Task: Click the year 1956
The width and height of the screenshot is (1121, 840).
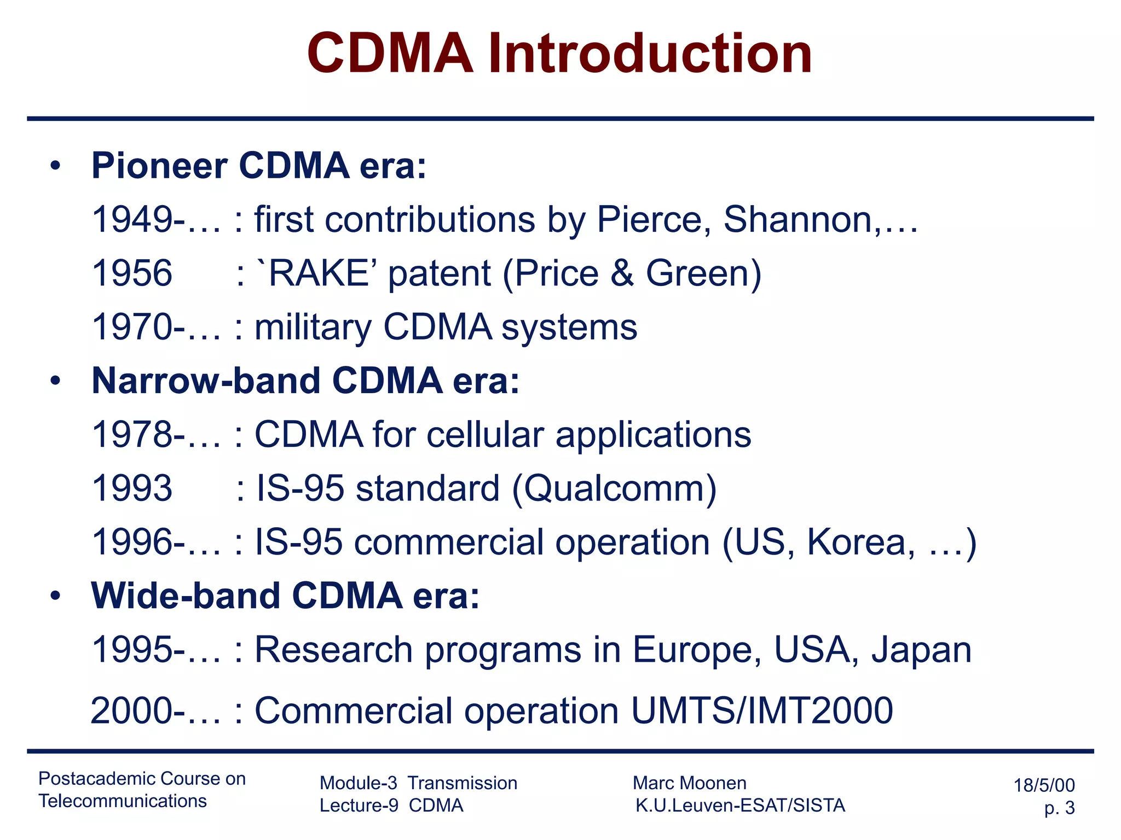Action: click(132, 273)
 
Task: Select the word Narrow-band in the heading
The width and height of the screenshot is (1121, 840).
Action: click(206, 381)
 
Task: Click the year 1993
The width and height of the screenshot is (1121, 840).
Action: click(132, 488)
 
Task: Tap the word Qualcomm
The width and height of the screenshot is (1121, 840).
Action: click(614, 488)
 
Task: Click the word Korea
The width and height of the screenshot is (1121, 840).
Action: click(857, 542)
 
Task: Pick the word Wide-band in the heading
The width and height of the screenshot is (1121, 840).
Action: click(186, 596)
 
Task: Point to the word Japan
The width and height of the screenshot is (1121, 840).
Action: click(921, 650)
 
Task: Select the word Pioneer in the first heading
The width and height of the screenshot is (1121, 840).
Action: click(159, 166)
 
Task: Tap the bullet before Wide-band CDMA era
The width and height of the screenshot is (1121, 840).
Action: click(55, 596)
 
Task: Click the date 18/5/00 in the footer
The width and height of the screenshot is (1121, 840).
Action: click(1044, 785)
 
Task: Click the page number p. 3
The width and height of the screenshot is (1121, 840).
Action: click(1059, 808)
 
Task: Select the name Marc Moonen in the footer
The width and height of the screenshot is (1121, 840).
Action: click(689, 783)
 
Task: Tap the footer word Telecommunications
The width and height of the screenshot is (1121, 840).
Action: click(123, 801)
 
